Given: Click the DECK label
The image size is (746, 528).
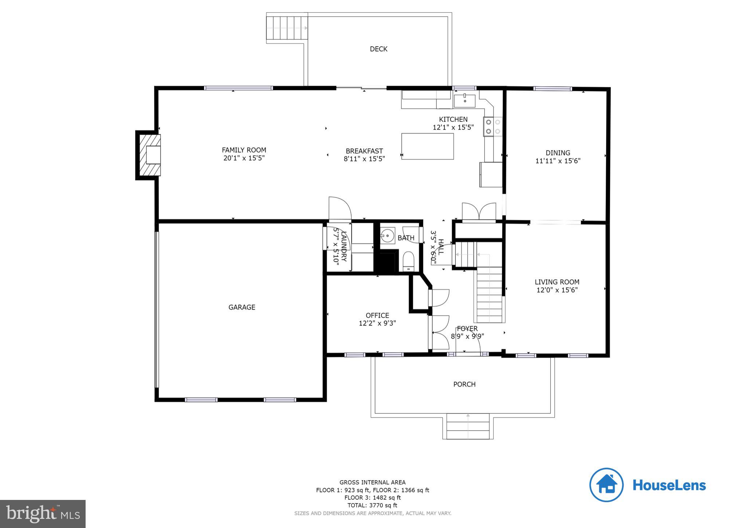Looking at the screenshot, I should point(378,49).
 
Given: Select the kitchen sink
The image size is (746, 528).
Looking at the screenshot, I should point(464,101).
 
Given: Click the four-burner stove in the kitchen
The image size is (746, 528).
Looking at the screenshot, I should point(493,127).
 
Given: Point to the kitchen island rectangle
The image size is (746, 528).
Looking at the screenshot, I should point(428,146).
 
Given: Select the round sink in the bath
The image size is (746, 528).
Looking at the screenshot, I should point(388,236).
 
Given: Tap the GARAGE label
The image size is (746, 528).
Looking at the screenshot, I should point(242,307).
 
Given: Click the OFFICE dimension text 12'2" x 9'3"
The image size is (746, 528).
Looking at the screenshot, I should point(377,323).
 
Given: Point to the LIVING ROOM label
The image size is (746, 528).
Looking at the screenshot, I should point(557,282).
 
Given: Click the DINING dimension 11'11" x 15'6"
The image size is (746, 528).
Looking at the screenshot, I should point(558,161).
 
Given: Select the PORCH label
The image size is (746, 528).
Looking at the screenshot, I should point(464,384).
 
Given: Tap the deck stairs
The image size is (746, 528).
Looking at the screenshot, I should point(287,28).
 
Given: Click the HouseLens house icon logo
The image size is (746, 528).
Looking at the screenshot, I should point(606,485).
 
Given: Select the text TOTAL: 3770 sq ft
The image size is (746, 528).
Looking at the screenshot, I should point(372,505).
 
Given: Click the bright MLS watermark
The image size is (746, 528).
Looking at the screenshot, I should point(43,514).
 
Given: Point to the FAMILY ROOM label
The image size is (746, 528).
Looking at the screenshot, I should point(244,150).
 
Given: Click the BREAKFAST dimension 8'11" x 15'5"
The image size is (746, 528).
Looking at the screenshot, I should point(364,159).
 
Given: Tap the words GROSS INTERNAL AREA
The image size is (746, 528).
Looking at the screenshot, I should point(372,482).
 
